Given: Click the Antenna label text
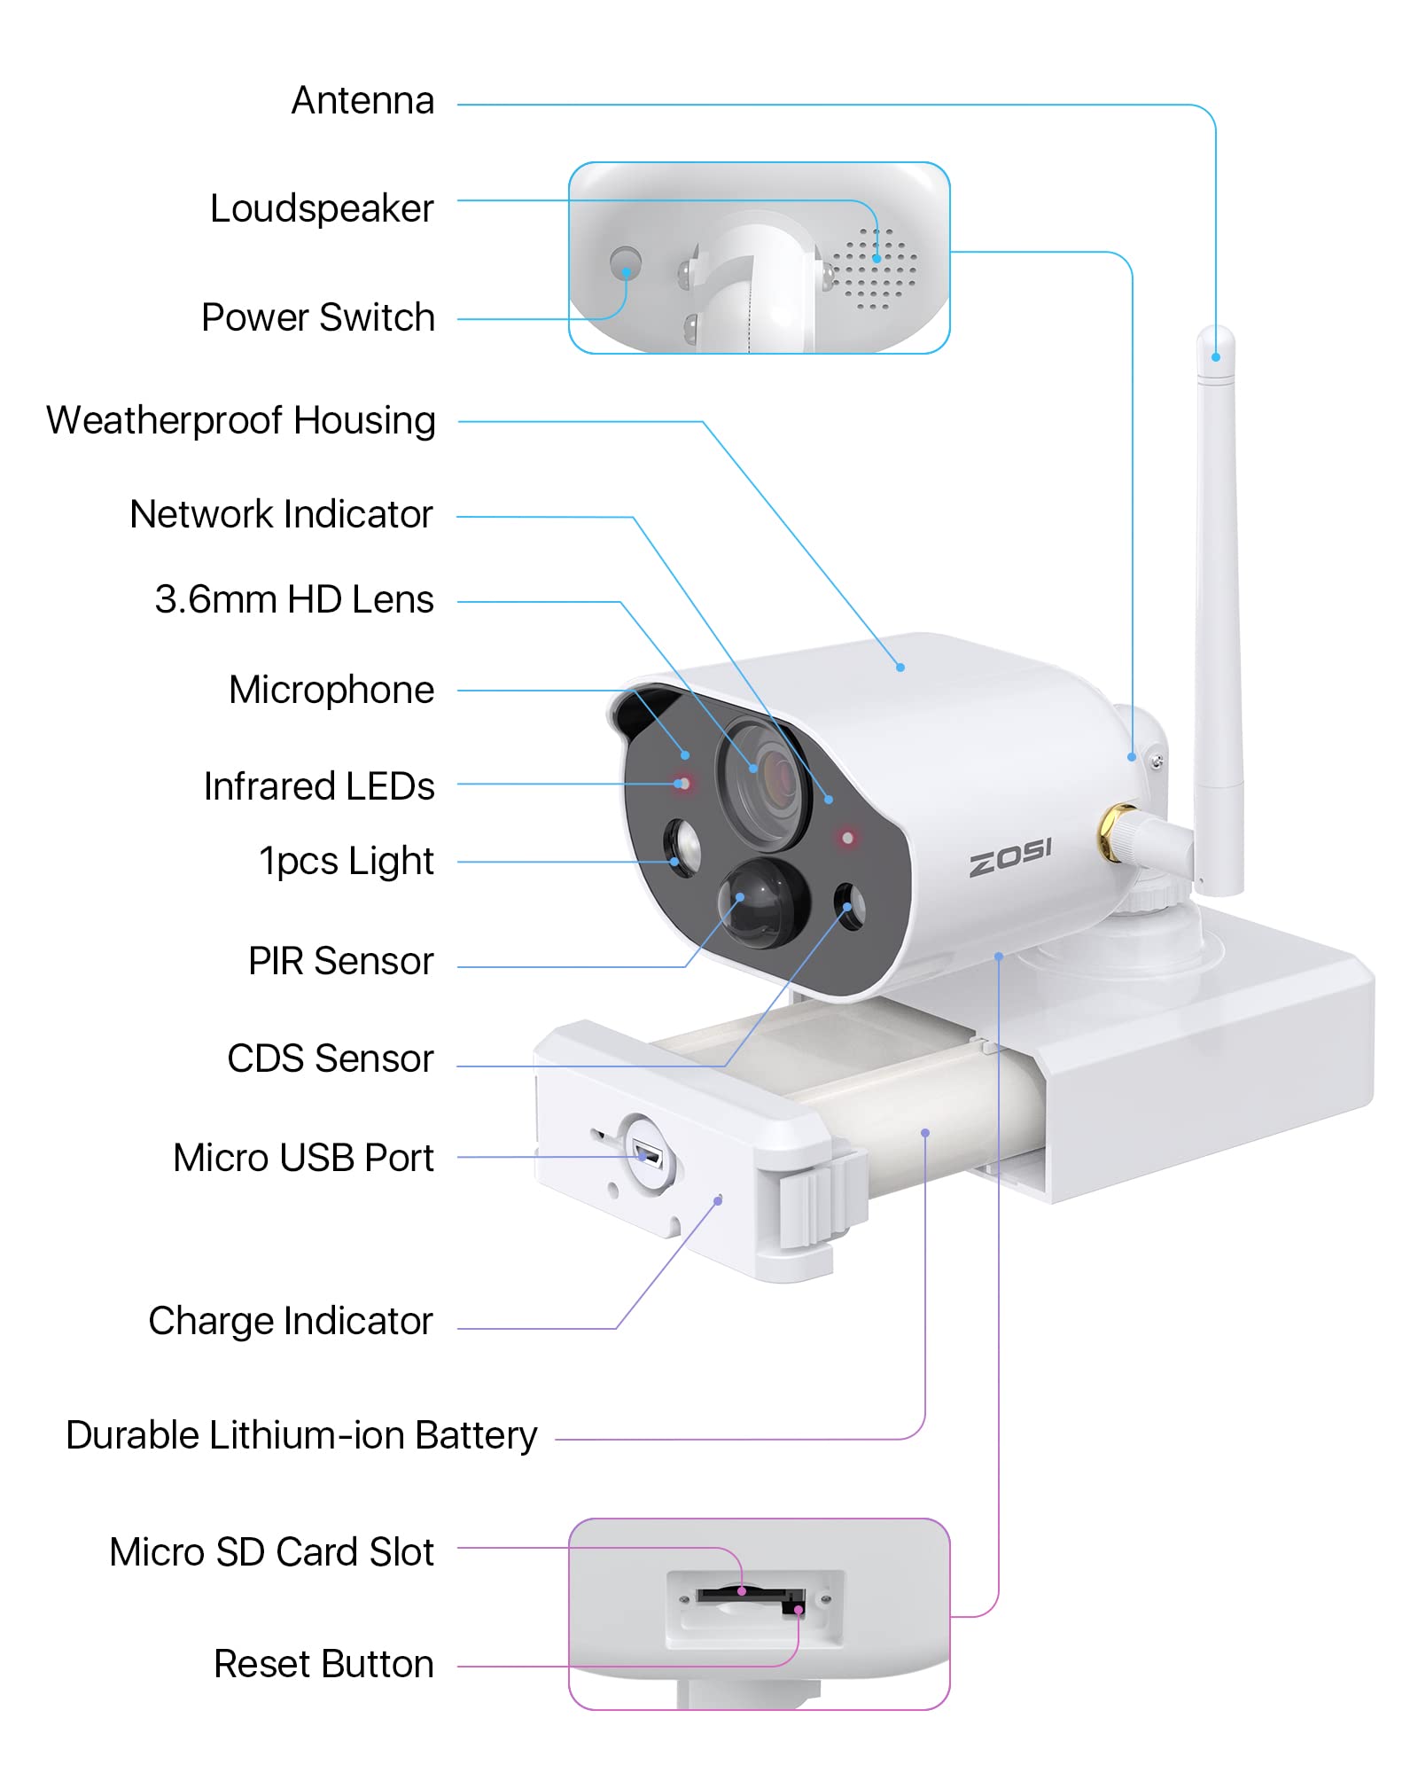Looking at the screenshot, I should point(362,101).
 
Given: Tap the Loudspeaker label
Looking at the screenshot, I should point(322,209).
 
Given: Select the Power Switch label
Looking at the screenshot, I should point(317,317).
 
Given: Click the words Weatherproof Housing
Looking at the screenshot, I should point(241,420).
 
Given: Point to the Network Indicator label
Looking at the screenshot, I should point(281,514).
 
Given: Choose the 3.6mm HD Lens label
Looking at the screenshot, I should point(294,599).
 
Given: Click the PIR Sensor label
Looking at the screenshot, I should point(340,961).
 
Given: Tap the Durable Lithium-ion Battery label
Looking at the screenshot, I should point(301,1435).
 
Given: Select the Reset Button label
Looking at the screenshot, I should point(323,1664).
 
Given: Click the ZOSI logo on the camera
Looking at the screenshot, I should point(1009,857).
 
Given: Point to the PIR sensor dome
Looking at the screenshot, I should point(760,902).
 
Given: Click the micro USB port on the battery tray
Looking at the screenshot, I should point(647,1156).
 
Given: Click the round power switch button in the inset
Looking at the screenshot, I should point(626,262).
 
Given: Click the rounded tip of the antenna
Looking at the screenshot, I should point(1215,341).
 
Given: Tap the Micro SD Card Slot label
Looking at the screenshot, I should point(271,1552).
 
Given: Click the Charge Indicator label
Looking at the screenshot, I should point(291,1321).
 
